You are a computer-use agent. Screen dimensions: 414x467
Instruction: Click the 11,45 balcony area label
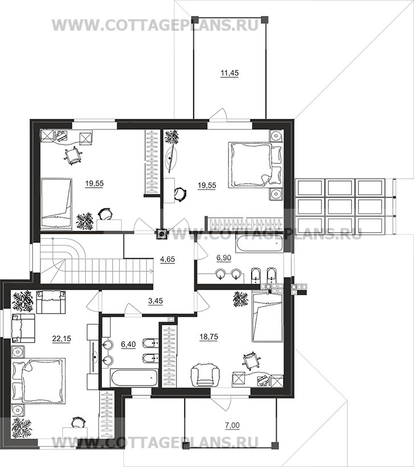click(x=229, y=73)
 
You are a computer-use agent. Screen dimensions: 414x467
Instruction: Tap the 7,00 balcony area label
click(x=232, y=425)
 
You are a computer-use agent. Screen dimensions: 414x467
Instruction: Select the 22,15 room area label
click(x=62, y=338)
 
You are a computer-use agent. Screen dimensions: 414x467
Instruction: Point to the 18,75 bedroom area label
click(x=208, y=337)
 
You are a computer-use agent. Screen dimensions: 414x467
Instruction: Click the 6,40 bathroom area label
click(x=128, y=344)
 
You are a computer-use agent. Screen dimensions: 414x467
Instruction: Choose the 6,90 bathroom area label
click(x=223, y=258)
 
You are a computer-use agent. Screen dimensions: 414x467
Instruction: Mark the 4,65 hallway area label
click(x=167, y=259)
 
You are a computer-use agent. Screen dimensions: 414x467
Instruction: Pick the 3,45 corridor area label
click(x=155, y=301)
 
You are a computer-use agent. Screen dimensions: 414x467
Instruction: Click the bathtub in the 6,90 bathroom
click(x=259, y=244)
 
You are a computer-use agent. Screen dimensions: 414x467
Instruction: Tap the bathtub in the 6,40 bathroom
click(x=134, y=378)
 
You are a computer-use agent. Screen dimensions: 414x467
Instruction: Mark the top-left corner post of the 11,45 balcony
click(x=195, y=20)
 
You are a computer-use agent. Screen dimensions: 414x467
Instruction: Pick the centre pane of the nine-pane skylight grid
click(x=340, y=206)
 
